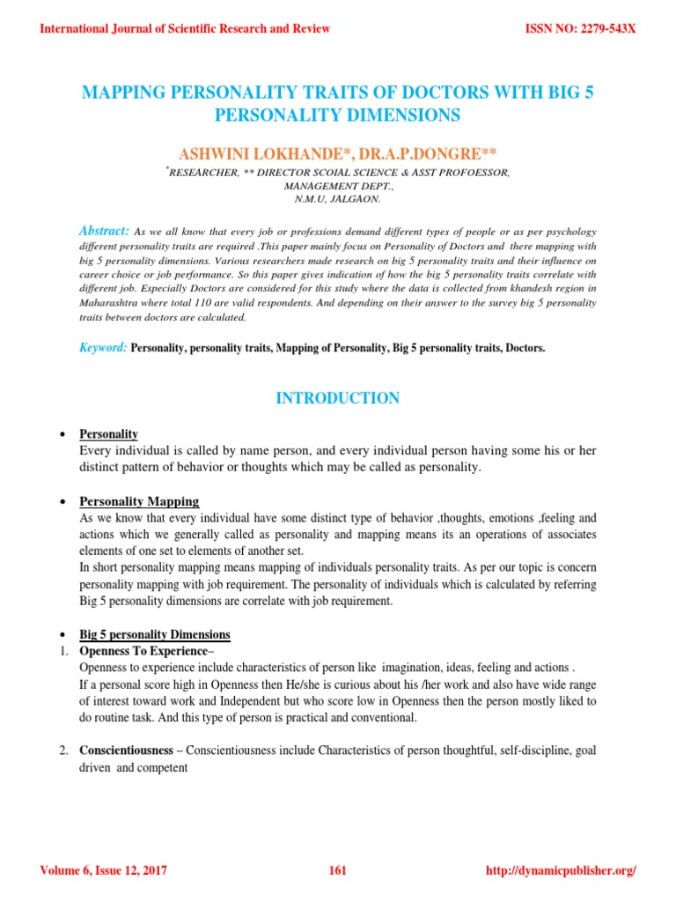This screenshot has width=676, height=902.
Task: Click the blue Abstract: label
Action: [104, 229]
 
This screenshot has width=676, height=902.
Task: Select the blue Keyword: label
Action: [104, 348]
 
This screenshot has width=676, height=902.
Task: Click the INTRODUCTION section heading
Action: [338, 398]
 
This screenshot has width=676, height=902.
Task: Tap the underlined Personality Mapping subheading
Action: [139, 501]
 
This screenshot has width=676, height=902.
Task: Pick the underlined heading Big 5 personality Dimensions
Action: [155, 634]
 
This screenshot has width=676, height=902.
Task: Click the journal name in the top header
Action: [185, 29]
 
